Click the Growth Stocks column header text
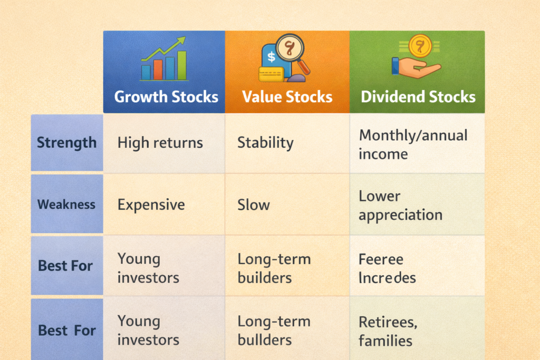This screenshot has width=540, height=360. click(x=166, y=97)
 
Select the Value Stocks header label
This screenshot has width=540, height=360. click(x=287, y=97)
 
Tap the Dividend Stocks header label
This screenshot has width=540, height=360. click(x=418, y=97)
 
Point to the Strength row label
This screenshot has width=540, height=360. click(x=66, y=143)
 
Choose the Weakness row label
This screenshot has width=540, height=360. click(x=66, y=205)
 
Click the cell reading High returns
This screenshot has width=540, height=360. click(x=160, y=142)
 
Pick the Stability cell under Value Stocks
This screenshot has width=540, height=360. click(x=265, y=142)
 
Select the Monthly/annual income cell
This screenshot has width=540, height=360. click(x=413, y=144)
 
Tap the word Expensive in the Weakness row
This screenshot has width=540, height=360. click(x=151, y=205)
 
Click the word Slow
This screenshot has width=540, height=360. click(x=254, y=205)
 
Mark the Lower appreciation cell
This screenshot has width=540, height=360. click(x=400, y=206)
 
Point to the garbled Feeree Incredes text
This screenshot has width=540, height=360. click(x=387, y=268)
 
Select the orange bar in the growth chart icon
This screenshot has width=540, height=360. click(x=158, y=69)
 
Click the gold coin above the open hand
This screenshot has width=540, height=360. click(x=420, y=45)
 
